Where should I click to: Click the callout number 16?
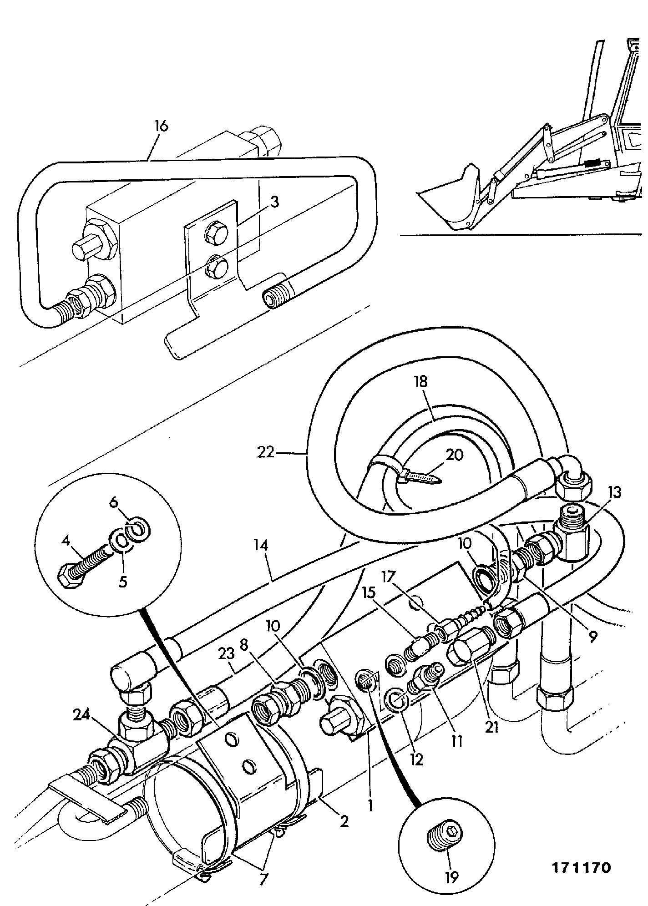162,126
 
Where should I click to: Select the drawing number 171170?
581,868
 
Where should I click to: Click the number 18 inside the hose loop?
421,381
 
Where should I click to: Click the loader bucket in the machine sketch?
451,200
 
